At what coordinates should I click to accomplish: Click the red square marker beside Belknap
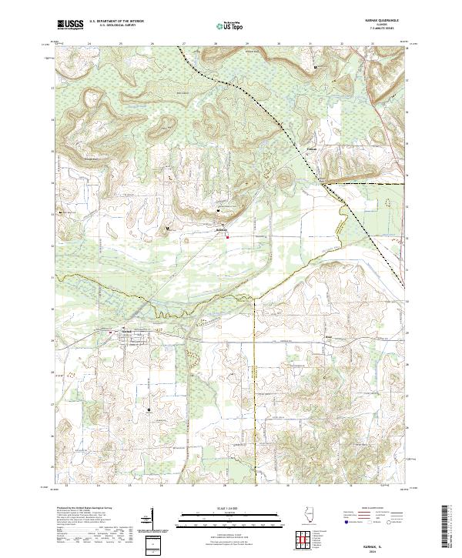point(227,237)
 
